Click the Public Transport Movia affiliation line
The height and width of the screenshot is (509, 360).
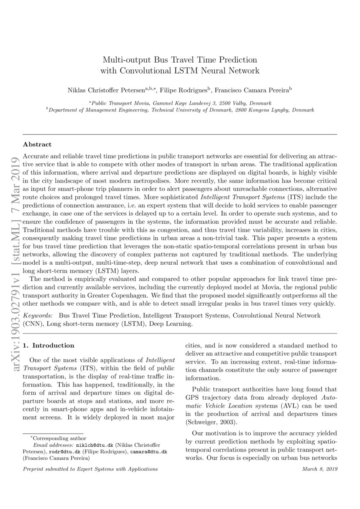pyautogui.click(x=180, y=103)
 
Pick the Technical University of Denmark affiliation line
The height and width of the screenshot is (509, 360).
pyautogui.click(x=180, y=111)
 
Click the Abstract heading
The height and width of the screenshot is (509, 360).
pyautogui.click(x=37, y=144)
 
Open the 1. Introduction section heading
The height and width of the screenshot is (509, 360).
pyautogui.click(x=49, y=346)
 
